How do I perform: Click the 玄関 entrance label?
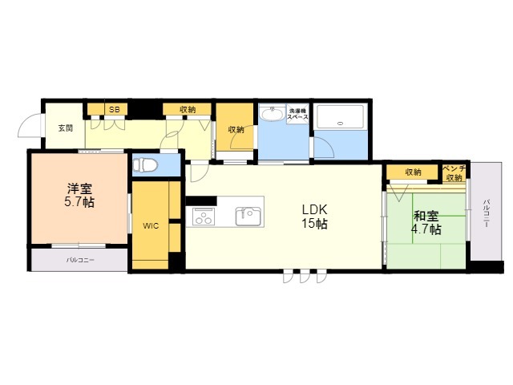[66, 128]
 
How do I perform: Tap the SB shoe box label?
[114, 110]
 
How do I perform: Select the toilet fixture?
[145, 164]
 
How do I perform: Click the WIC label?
[151, 225]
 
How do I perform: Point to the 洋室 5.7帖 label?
[79, 196]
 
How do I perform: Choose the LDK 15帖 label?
[314, 216]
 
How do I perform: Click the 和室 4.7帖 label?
[426, 223]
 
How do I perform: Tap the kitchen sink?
[248, 217]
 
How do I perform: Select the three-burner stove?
[204, 217]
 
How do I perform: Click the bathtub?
[341, 116]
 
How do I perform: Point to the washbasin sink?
[272, 114]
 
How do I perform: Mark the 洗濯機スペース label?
[297, 114]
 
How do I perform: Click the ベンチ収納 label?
[454, 173]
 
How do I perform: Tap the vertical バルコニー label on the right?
[487, 213]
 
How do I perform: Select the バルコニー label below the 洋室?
[80, 260]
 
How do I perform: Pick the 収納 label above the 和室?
[414, 172]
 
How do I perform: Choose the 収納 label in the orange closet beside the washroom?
[236, 130]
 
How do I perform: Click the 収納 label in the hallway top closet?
[188, 110]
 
